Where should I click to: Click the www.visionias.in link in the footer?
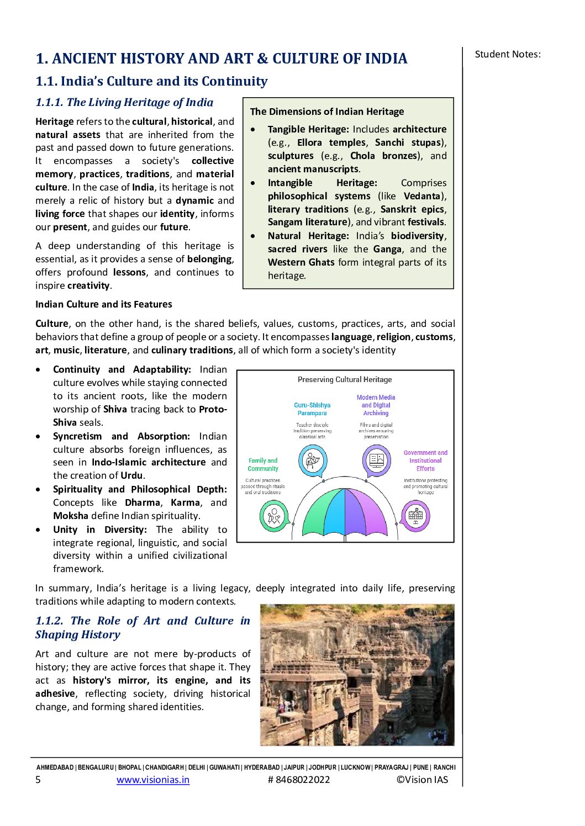(x=153, y=780)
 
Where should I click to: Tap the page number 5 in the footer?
(x=38, y=780)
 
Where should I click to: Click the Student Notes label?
(x=508, y=54)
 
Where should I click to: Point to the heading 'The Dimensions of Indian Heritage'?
(x=327, y=112)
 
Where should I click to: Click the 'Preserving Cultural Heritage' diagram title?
(x=345, y=380)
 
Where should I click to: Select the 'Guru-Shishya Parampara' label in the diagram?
(x=312, y=409)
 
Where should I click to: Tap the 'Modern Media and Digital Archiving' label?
(x=376, y=405)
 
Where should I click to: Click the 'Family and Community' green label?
(x=263, y=464)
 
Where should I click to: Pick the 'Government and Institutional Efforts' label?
(x=425, y=460)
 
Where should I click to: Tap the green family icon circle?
(x=274, y=516)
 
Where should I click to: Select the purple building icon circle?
(x=415, y=516)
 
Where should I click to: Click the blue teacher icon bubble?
(x=313, y=460)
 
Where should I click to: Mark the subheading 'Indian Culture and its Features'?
(x=104, y=304)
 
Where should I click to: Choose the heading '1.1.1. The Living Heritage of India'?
(x=124, y=102)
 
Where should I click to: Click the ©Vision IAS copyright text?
(x=422, y=780)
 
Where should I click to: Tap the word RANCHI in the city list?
(x=445, y=767)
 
